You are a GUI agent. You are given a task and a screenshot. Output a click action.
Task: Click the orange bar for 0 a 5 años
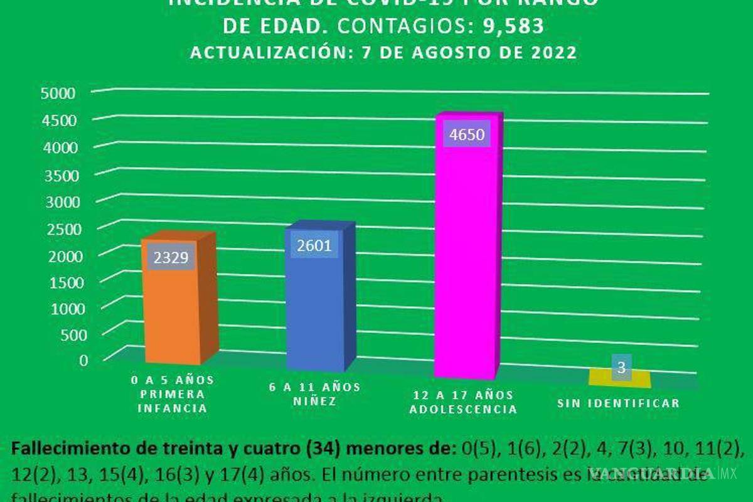point(174,314)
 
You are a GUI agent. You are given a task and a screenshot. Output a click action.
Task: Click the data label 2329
point(171,258)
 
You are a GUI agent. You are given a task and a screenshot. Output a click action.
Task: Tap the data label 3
point(621,367)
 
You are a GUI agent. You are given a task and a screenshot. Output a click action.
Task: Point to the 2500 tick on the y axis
point(61,228)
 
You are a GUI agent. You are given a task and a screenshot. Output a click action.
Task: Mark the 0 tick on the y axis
point(83,359)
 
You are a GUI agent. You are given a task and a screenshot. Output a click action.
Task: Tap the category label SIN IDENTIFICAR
point(618,403)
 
